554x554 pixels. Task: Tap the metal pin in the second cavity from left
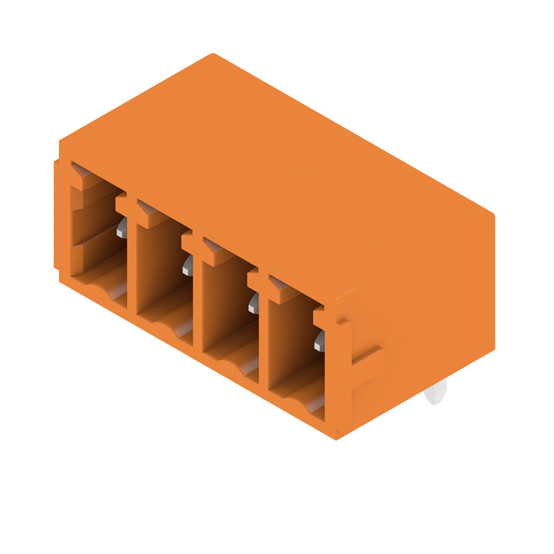pyautogui.click(x=188, y=264)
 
